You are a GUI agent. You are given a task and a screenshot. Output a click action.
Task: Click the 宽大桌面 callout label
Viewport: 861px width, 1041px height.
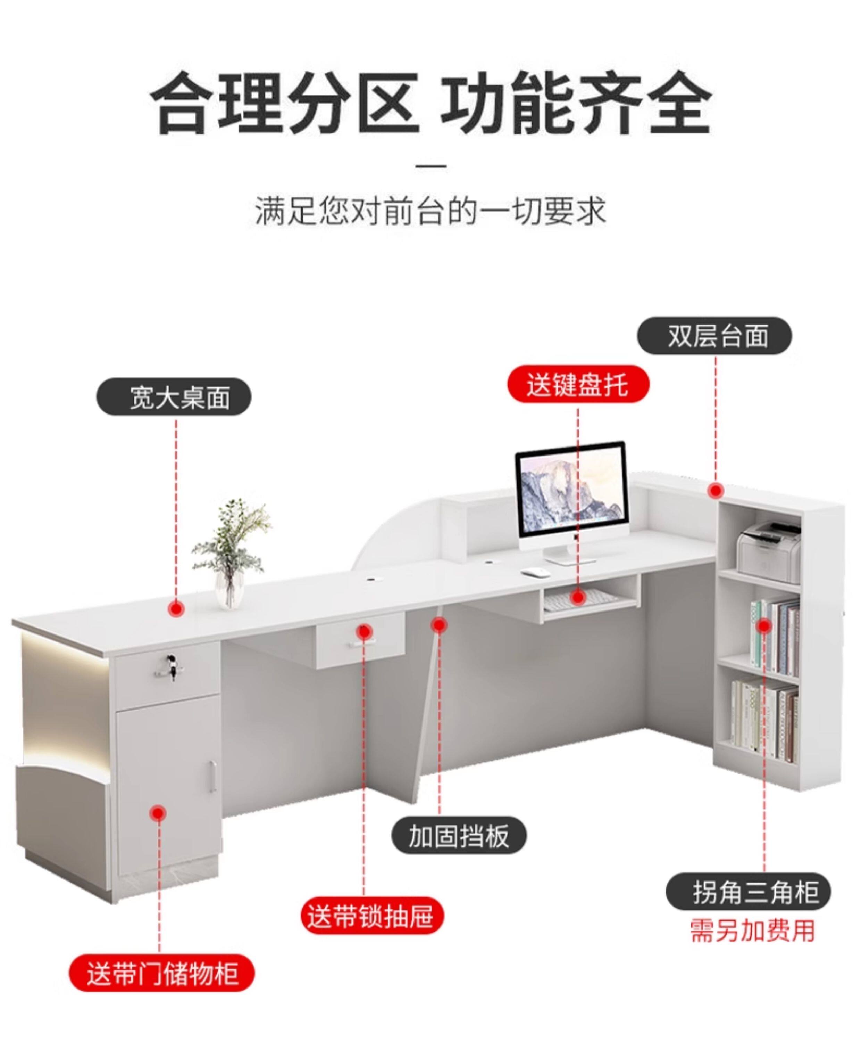coord(173,397)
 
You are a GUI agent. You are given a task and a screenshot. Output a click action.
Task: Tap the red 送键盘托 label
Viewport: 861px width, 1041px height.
coord(578,384)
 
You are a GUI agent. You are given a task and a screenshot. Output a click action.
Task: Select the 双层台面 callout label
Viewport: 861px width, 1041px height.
coord(714,336)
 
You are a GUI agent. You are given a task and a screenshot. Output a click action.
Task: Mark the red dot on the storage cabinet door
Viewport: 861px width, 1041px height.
coord(159,813)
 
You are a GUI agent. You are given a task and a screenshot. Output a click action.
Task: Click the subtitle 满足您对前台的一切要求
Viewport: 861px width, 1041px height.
coord(430,212)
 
